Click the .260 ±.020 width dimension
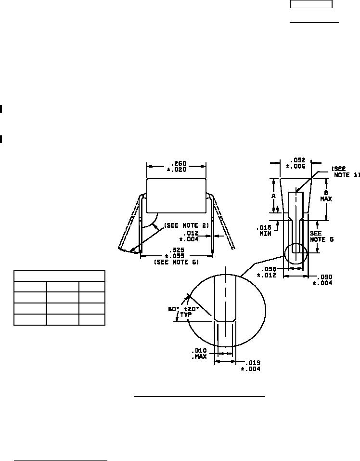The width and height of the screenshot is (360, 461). pos(177,166)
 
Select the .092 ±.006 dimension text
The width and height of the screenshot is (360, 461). pos(296,163)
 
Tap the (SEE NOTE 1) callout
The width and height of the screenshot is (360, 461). pos(346,172)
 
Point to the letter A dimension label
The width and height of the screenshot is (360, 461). pos(274,196)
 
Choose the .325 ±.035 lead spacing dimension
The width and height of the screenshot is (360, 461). pos(177,253)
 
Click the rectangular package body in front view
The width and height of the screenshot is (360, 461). pos(177,195)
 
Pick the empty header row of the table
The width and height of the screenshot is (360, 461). pos(60,275)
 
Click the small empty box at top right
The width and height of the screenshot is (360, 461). pos(311,4)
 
